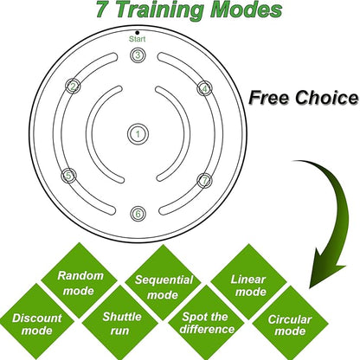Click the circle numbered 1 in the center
point(138,134)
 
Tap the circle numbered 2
point(73,86)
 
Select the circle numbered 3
point(138,55)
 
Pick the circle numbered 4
point(204,88)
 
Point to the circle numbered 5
point(68,176)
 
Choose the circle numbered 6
point(138,214)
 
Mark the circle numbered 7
point(204,181)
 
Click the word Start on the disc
point(137,39)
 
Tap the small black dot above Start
point(138,33)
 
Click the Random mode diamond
point(79,280)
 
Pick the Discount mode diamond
point(36,322)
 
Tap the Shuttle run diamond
point(120,323)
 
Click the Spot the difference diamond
point(206,323)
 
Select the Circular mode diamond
point(290,324)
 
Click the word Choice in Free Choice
point(326,98)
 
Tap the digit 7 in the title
point(101,9)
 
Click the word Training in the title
point(160,10)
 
